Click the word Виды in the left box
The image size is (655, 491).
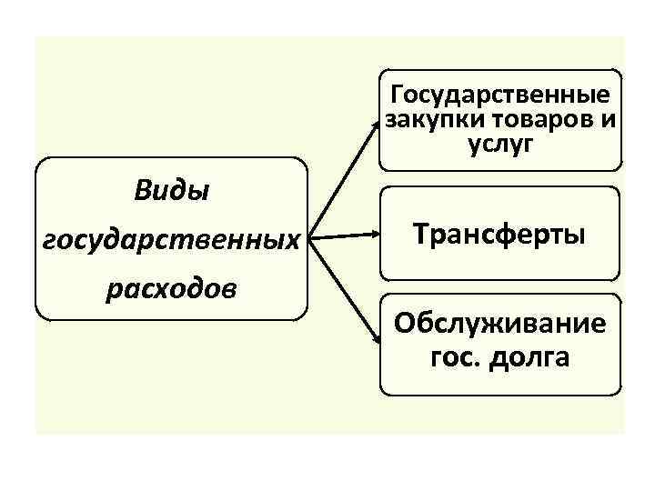point(171,192)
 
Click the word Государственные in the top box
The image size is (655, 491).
point(499,95)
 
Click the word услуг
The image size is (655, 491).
point(498,143)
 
